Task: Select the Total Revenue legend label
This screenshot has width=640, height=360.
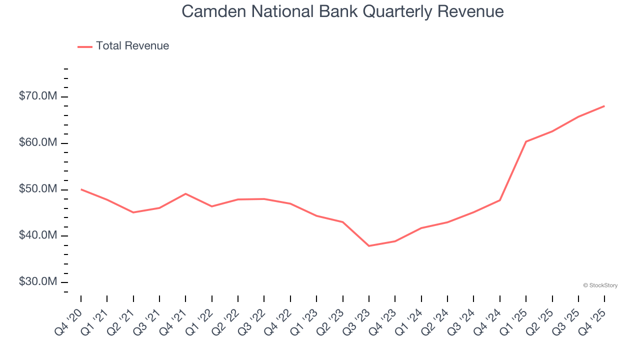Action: [132, 46]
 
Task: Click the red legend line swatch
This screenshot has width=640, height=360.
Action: [85, 46]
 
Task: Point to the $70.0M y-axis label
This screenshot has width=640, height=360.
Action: [37, 96]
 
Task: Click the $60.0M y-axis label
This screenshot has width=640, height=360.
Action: [37, 142]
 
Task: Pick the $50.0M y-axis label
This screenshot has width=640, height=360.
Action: [37, 189]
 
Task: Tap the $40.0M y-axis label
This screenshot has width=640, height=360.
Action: [37, 235]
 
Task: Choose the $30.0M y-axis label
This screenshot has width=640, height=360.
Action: [37, 282]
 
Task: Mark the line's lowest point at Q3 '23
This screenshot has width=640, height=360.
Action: [369, 246]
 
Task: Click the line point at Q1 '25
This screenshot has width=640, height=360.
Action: [526, 141]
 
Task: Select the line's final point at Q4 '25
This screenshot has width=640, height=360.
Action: [604, 106]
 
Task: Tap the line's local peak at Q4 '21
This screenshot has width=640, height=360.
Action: [185, 193]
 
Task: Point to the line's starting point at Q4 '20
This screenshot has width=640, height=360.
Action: [81, 189]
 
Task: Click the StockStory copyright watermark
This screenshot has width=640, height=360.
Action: [600, 285]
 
